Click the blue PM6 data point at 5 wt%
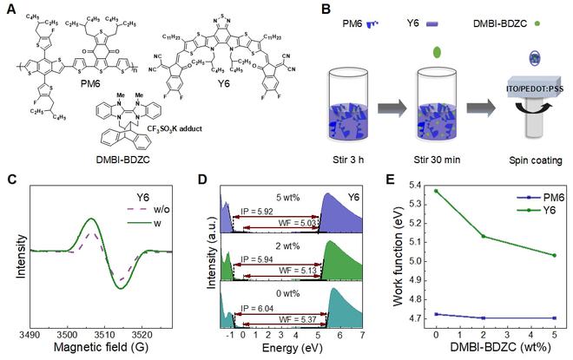click(554, 318)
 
